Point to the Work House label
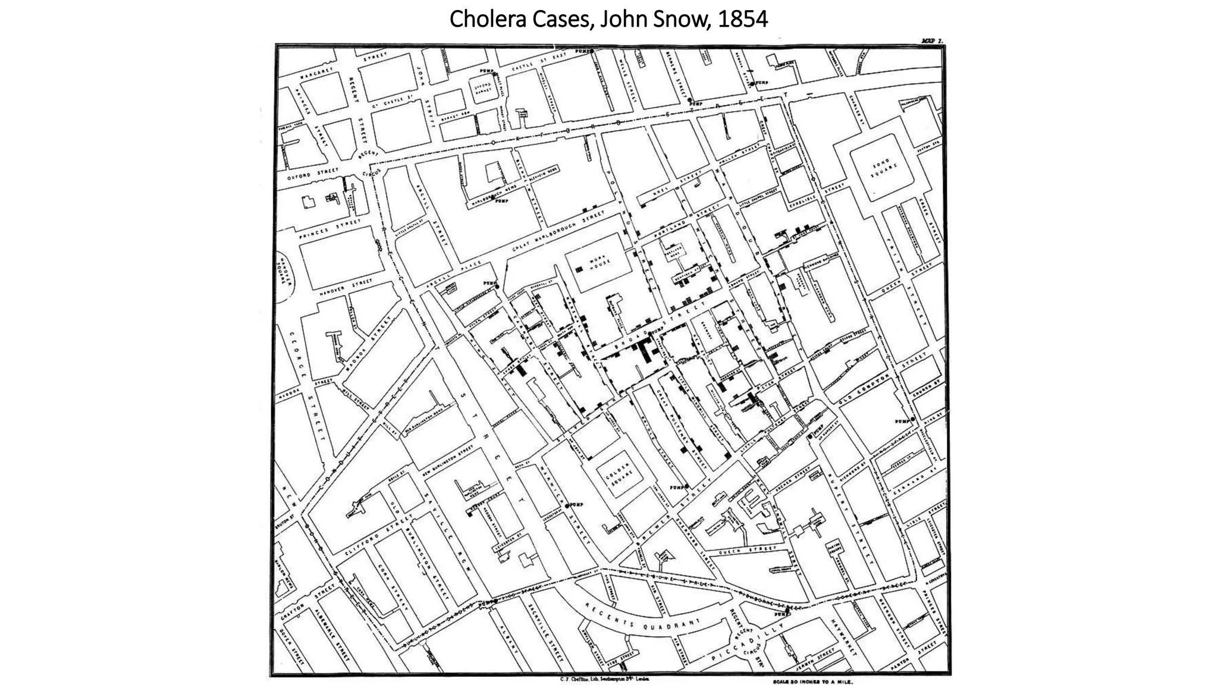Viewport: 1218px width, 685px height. [x=596, y=265]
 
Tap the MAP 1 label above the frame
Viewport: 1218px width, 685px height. [x=932, y=41]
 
